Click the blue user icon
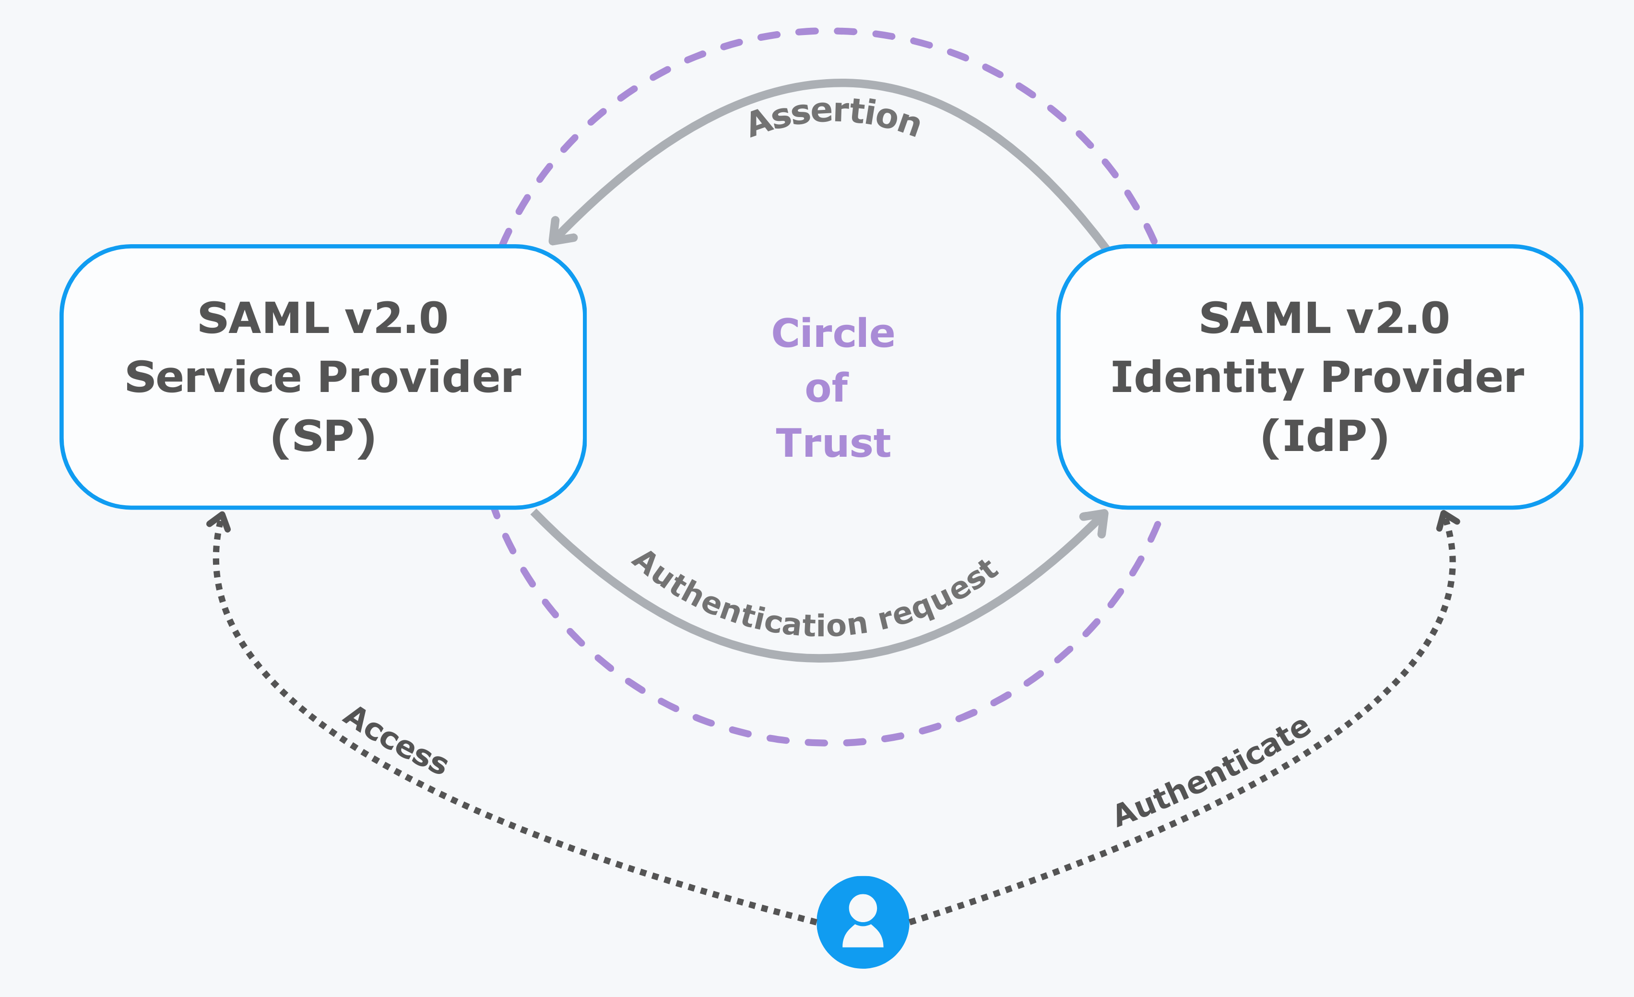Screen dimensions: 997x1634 click(862, 922)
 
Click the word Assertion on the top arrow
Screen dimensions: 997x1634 click(834, 116)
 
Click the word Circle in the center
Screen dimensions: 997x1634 click(833, 333)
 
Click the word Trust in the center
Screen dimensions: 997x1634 click(833, 443)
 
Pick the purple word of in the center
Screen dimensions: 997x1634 click(826, 388)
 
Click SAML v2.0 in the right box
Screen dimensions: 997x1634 click(1324, 319)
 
